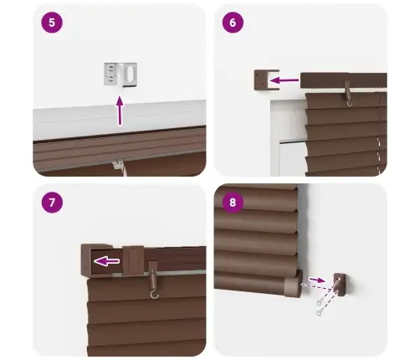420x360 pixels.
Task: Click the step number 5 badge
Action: coord(52,23)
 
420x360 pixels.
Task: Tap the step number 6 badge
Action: coord(233,23)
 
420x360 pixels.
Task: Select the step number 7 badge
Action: coord(52,203)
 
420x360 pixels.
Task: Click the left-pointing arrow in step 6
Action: coord(284,81)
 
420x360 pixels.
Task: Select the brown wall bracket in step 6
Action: coord(259,80)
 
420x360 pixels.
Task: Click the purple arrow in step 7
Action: coord(106,261)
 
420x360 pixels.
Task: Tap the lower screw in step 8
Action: coord(320,311)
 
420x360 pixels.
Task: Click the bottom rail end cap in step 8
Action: coord(294,287)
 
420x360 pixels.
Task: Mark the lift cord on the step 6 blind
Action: coord(379,126)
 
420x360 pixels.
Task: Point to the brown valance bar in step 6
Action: coord(343,80)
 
